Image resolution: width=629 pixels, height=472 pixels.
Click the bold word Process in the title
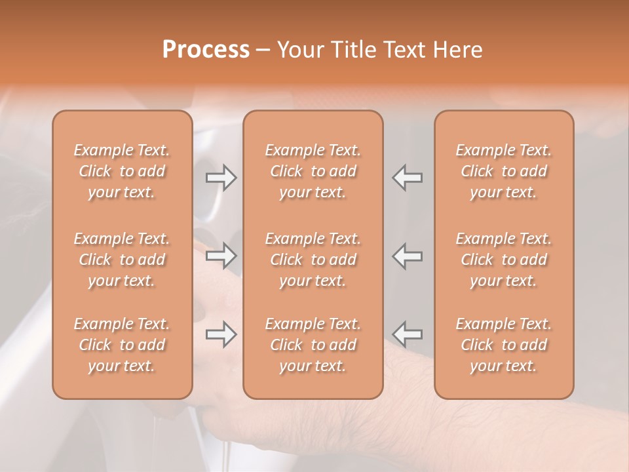click(x=206, y=50)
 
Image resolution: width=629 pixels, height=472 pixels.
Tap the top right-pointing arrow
click(x=221, y=178)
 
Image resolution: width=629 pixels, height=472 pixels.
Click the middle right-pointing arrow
click(x=221, y=256)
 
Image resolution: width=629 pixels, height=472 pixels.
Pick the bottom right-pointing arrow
click(x=221, y=334)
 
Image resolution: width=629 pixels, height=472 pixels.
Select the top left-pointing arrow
click(x=407, y=178)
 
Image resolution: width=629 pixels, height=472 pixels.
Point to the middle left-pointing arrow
click(x=407, y=256)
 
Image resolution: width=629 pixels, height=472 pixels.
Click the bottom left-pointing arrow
click(x=407, y=334)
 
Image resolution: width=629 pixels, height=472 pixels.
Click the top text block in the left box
click(x=122, y=171)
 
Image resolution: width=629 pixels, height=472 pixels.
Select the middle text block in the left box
click(x=122, y=260)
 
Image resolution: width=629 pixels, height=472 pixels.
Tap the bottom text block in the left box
click(x=122, y=345)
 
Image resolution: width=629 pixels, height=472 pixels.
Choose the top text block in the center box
click(x=313, y=171)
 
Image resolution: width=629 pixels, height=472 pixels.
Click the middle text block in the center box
click(x=313, y=260)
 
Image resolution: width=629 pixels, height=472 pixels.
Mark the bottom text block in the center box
click(x=313, y=345)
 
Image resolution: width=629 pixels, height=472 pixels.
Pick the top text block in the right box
click(x=503, y=171)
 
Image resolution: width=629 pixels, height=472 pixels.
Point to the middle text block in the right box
click(x=503, y=260)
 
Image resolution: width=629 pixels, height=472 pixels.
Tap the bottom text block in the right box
click(x=503, y=345)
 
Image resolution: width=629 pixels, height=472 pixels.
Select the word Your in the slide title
click(x=299, y=50)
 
